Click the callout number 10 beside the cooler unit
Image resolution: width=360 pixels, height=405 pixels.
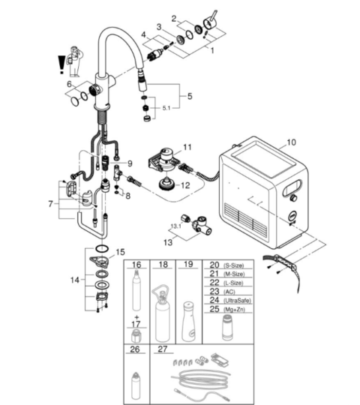pos(291,142)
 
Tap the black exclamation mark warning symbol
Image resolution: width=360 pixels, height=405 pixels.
pos(61,64)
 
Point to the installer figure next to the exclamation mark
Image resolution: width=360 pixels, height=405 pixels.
pos(75,61)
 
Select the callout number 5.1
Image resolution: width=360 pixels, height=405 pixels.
pos(166,108)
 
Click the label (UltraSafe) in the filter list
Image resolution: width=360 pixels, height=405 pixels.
pos(237,301)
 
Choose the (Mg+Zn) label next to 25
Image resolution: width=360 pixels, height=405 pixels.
pos(234,310)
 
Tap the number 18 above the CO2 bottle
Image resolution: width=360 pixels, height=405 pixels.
pos(163,265)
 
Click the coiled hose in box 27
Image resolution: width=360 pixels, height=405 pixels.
pos(200,379)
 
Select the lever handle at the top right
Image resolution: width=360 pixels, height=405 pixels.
pos(210,21)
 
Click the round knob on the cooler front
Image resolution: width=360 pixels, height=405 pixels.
pos(293,198)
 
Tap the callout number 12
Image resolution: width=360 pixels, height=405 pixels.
pos(185,185)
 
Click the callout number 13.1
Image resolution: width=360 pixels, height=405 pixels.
pos(175,226)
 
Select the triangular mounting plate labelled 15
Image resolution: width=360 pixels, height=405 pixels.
pos(100,261)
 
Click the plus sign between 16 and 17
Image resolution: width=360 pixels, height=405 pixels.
pos(136,317)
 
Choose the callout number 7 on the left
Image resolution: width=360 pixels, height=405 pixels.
pos(50,204)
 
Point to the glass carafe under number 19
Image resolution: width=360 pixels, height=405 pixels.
pos(189,321)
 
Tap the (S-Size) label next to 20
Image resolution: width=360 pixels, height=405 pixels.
pos(233,265)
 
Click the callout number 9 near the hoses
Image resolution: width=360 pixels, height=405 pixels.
pos(130,163)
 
